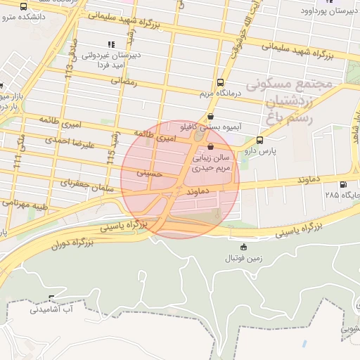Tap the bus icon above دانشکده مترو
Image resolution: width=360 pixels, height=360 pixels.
pos(25,6)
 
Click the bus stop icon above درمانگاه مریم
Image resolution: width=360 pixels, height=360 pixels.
pos(221,82)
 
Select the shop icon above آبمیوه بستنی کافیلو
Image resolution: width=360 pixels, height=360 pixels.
pos(211,117)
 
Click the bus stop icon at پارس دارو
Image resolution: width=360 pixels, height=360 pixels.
pos(260,140)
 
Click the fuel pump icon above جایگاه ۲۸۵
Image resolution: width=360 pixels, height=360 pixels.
pos(342,184)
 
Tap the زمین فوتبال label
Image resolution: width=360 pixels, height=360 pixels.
pos(243,258)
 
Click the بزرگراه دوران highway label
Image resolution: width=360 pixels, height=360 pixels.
pos(71,245)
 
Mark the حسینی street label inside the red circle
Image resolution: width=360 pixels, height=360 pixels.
pos(149,171)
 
